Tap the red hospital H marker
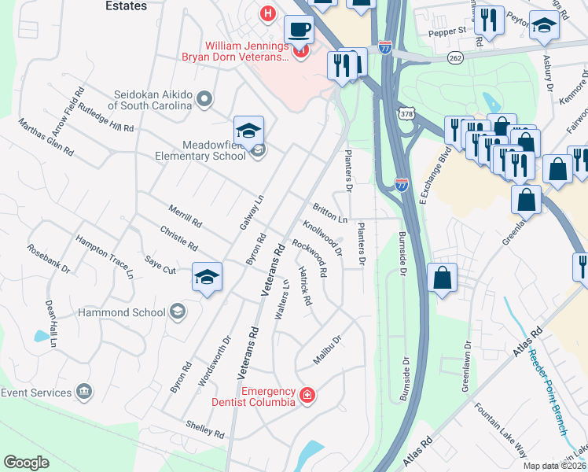[x=268, y=13]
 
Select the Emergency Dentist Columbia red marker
[x=307, y=395]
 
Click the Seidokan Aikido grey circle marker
[x=205, y=99]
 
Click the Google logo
[x=27, y=463]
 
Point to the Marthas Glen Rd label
[x=46, y=137]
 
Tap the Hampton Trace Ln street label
[x=105, y=256]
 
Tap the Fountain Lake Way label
[x=501, y=430]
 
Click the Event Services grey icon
[x=83, y=392]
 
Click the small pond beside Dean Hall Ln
[x=41, y=336]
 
